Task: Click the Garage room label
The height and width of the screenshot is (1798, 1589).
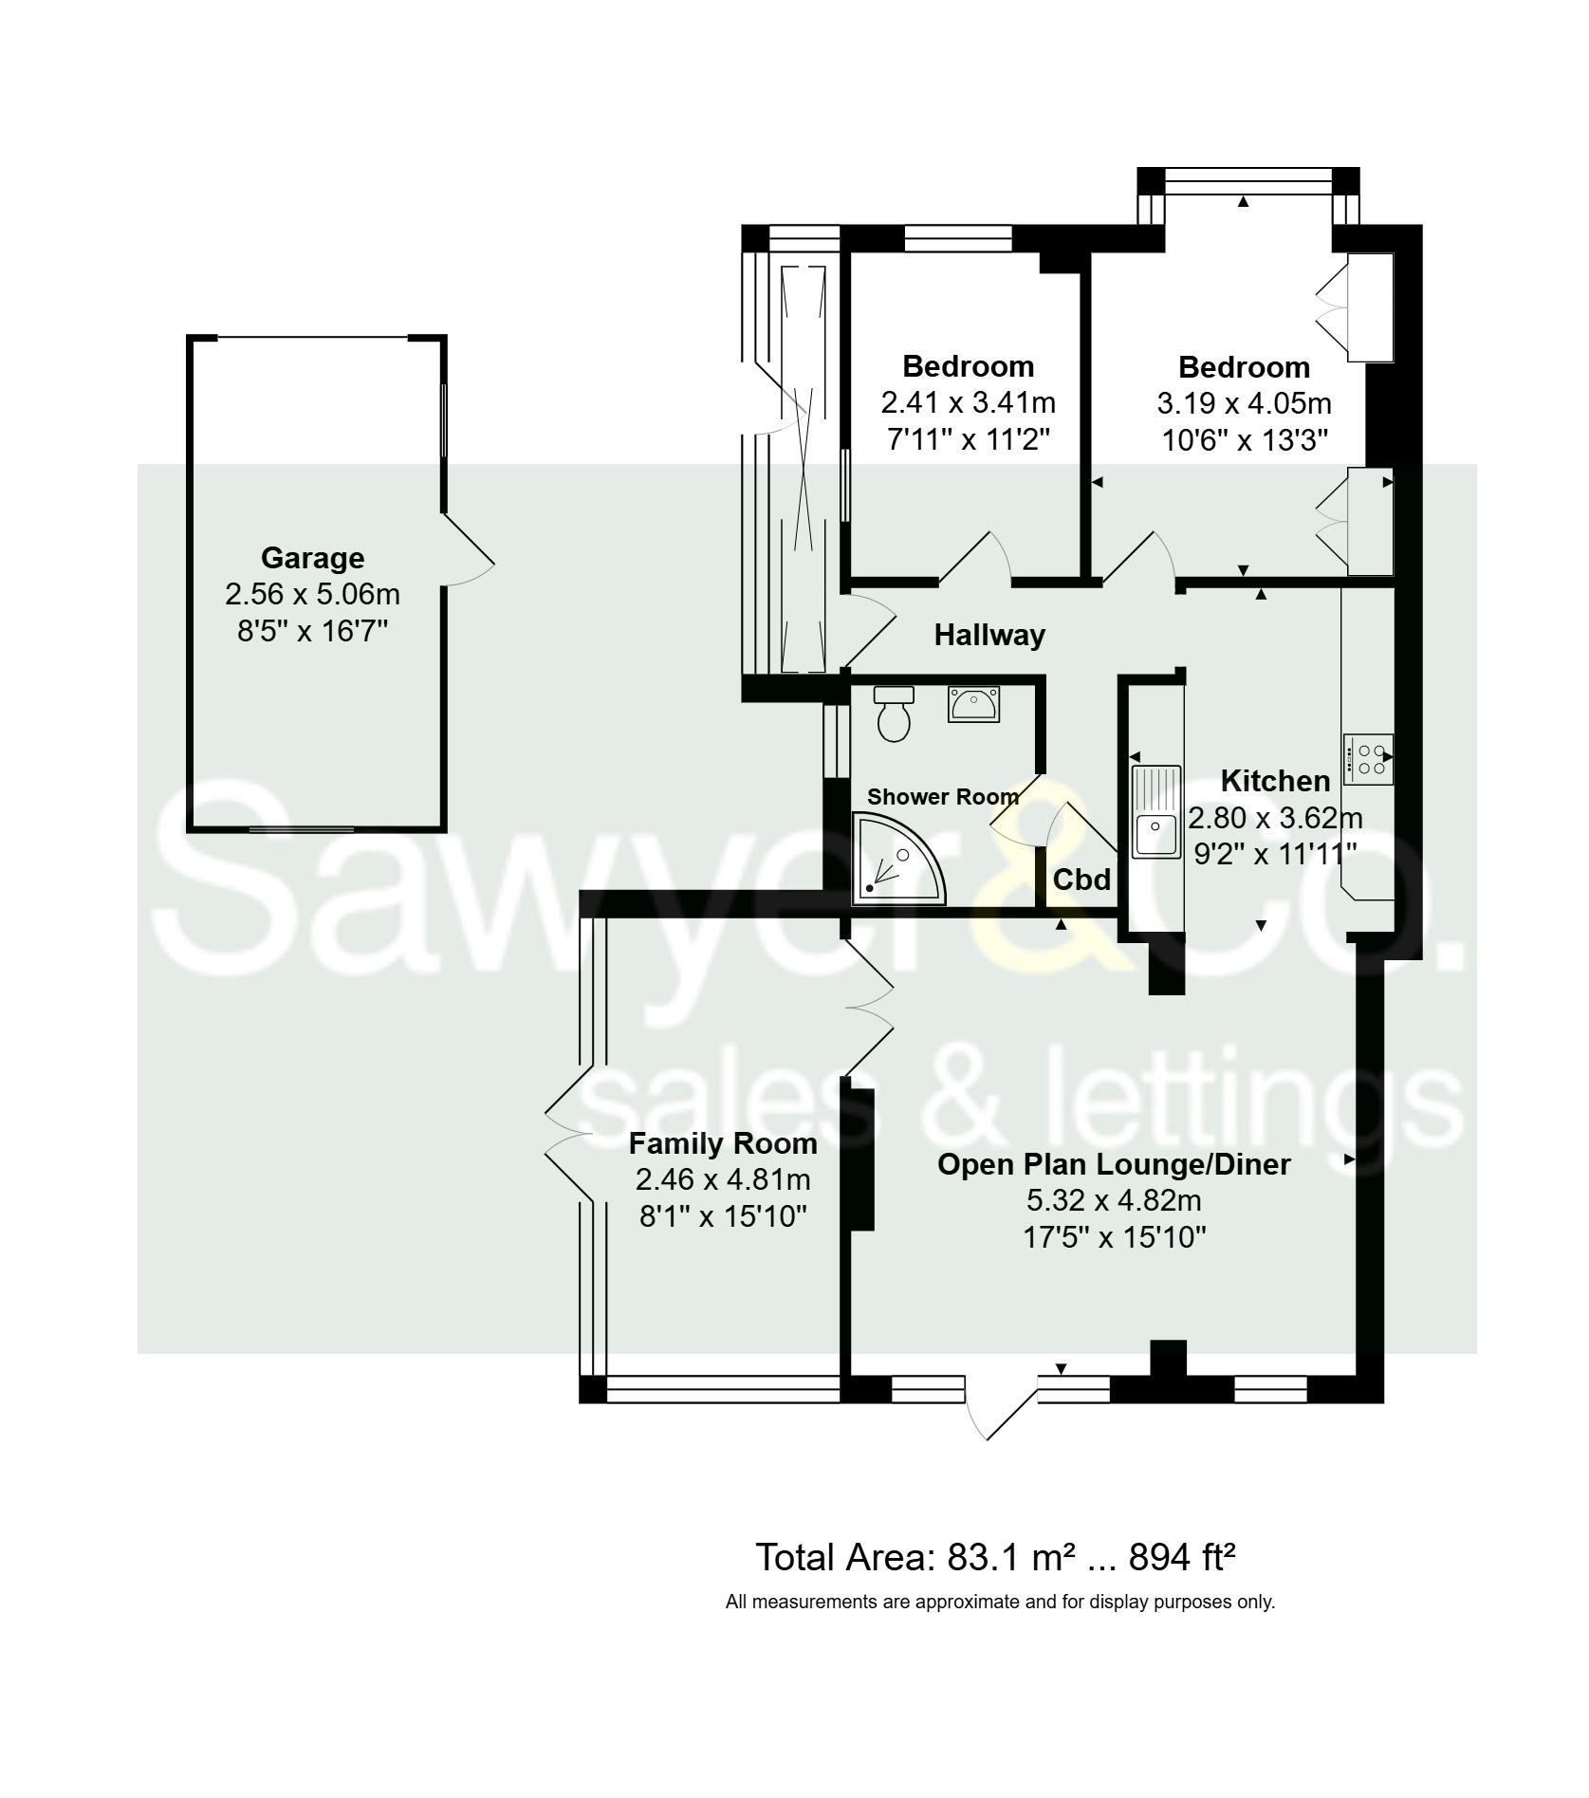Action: (312, 558)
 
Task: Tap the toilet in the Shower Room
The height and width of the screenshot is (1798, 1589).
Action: (894, 716)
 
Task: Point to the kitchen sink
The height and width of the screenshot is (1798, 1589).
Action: (1155, 811)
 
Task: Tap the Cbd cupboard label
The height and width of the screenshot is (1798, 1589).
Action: (1081, 880)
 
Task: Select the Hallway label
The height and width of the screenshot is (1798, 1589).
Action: (989, 635)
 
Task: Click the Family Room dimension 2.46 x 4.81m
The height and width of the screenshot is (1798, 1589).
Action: (723, 1179)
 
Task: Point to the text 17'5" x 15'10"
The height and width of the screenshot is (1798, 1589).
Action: (1114, 1237)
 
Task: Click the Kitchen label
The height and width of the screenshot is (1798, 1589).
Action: (1274, 781)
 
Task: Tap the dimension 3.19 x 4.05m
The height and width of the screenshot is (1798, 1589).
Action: (1244, 403)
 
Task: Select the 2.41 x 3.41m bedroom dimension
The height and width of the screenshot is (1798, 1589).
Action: (968, 403)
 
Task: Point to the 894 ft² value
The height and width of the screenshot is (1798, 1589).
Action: (1181, 1559)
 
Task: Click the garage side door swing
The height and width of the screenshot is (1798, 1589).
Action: (470, 552)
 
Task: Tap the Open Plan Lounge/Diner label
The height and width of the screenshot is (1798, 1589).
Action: (1114, 1164)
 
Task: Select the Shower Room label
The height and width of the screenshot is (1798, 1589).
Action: (942, 797)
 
